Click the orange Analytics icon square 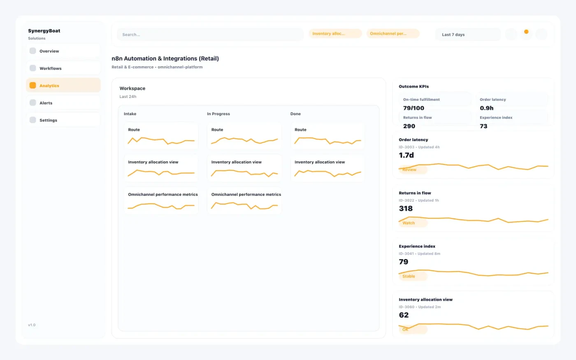(33, 86)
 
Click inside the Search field (210, 35)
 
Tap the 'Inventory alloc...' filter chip (335, 34)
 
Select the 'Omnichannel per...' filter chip (393, 34)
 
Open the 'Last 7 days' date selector (468, 35)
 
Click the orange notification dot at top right (526, 32)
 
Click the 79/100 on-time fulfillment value (413, 108)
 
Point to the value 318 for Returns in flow (406, 209)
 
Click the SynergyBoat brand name (44, 31)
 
